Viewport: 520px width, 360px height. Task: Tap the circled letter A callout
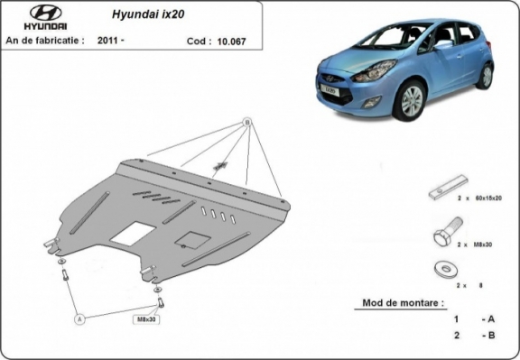(79, 318)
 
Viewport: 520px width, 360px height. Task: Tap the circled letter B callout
(246, 122)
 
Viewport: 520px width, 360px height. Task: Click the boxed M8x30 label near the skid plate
(146, 319)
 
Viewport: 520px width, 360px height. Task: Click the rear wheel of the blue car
(487, 76)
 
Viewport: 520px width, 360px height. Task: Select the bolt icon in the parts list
(443, 238)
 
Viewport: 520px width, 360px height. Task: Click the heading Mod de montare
(402, 303)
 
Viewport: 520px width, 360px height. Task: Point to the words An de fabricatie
(45, 41)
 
